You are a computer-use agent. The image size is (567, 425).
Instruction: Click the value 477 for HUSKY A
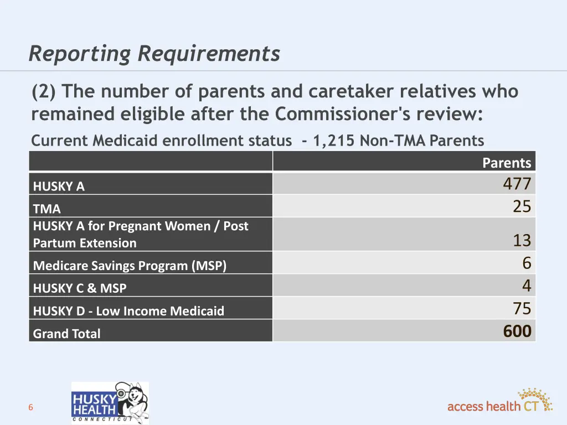click(517, 184)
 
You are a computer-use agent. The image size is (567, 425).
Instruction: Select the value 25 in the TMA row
click(522, 206)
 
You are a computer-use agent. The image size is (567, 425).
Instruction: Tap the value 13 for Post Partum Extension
click(522, 240)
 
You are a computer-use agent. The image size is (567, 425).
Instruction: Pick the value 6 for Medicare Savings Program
click(526, 263)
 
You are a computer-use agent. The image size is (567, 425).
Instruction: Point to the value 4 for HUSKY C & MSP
click(526, 286)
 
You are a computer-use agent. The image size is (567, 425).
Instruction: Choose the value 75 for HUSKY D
click(522, 308)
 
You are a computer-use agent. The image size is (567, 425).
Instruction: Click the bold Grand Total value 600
click(517, 331)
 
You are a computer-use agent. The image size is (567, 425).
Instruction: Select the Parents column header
click(506, 163)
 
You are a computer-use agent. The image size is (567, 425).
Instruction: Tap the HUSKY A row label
click(59, 186)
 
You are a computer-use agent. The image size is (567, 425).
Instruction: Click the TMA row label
click(47, 209)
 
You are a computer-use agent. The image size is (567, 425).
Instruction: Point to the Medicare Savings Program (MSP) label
click(130, 266)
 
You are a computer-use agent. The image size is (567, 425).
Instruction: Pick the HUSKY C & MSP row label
click(80, 288)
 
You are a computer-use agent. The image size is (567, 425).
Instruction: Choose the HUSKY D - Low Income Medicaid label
click(128, 311)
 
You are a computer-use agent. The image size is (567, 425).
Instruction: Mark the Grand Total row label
click(67, 334)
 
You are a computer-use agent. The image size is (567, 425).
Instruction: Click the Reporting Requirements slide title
click(154, 54)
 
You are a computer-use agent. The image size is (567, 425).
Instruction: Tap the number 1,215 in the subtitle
click(334, 141)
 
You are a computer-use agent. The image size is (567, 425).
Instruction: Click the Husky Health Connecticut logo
click(110, 403)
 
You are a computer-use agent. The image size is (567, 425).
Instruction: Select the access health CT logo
click(499, 402)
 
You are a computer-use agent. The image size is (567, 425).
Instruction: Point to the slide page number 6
click(31, 408)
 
